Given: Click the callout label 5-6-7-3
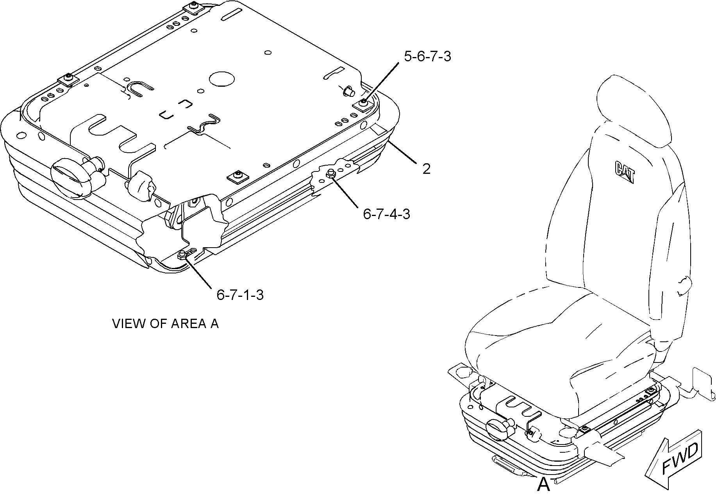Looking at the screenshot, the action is point(428,57).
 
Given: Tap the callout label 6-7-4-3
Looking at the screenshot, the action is point(387,214).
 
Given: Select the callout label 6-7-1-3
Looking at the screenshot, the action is point(240,295).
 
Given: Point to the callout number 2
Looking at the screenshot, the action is point(426,169).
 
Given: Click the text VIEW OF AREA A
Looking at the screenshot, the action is point(166,324).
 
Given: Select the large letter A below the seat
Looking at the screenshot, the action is point(543,485).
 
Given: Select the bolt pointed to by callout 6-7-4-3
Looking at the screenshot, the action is point(330,173).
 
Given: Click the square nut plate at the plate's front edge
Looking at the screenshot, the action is point(237,177).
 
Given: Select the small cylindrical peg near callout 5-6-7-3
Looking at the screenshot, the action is point(348,91).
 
